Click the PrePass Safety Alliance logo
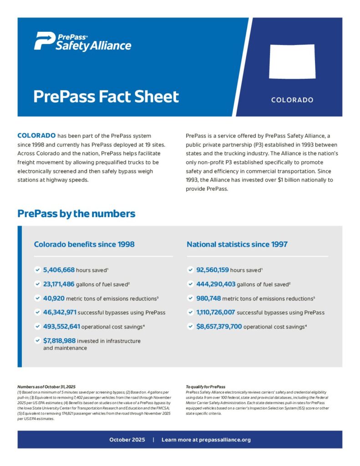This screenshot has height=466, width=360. click(82, 41)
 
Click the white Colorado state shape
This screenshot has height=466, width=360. click(292, 61)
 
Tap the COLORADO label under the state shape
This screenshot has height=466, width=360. click(292, 100)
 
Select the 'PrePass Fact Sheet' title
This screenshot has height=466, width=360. click(106, 96)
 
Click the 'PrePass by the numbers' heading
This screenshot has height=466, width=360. click(76, 213)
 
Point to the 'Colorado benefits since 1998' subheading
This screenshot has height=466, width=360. click(84, 244)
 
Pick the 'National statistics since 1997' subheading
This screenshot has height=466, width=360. click(237, 244)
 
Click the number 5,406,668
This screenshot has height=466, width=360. click(59, 270)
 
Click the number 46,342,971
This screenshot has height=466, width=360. click(60, 313)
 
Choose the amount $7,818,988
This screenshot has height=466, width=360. click(59, 340)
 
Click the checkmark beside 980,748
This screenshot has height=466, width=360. click(190, 299)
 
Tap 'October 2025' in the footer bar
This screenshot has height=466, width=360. click(127, 440)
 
